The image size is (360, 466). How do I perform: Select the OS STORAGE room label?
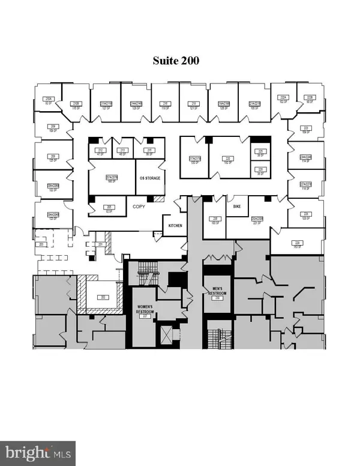point(149,179)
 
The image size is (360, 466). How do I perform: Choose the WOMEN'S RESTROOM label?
point(144,312)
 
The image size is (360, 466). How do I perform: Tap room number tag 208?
point(52,158)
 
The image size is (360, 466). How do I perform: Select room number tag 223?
point(305,128)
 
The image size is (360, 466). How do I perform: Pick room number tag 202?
point(103,297)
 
